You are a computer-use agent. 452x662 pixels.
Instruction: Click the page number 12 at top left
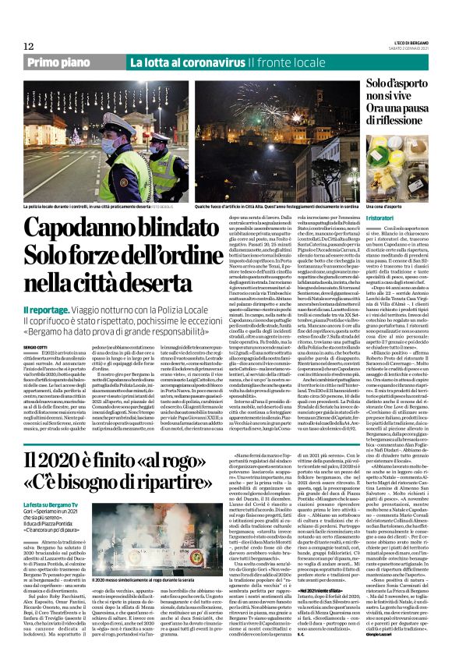(29, 46)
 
